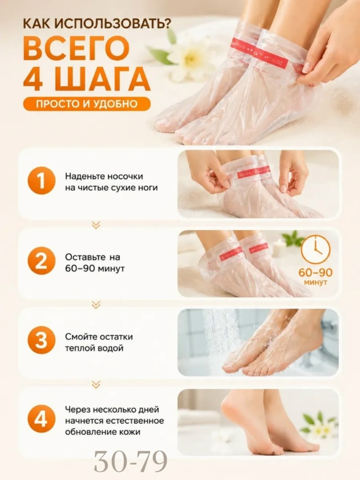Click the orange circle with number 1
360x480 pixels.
tap(41, 181)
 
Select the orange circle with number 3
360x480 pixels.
tap(41, 340)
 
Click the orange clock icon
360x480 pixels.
tap(316, 249)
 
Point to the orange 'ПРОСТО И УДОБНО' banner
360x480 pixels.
tap(87, 104)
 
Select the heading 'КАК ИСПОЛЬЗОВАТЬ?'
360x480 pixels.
tap(97, 24)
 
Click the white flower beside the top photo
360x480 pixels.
tap(186, 58)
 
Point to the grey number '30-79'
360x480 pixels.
tap(130, 461)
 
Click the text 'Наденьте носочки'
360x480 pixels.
tap(104, 177)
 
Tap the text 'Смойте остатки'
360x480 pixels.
tap(99, 337)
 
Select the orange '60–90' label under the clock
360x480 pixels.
tap(316, 272)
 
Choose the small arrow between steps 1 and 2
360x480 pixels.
tap(96, 225)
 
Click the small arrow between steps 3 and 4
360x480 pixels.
tap(96, 384)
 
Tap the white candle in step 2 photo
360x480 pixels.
tap(279, 248)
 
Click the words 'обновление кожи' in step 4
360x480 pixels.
tap(102, 433)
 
